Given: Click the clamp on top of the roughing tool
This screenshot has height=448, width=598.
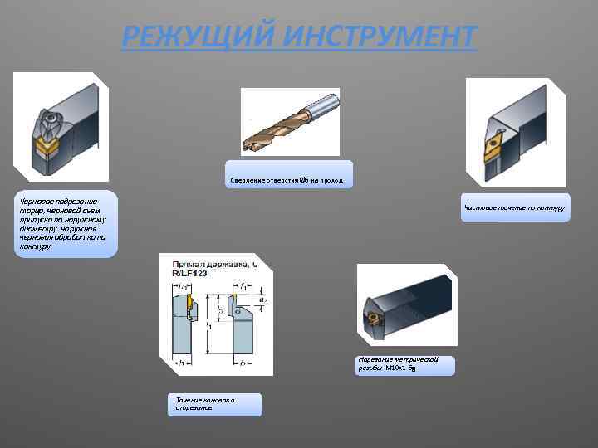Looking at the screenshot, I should point(48,124).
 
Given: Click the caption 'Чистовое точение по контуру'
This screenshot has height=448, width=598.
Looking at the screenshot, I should point(515,207).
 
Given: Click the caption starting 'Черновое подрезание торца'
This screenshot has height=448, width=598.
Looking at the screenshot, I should point(63,223).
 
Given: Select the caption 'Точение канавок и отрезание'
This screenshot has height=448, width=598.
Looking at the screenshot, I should point(212,404).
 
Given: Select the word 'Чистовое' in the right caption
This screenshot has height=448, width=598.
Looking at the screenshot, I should point(481,207).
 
